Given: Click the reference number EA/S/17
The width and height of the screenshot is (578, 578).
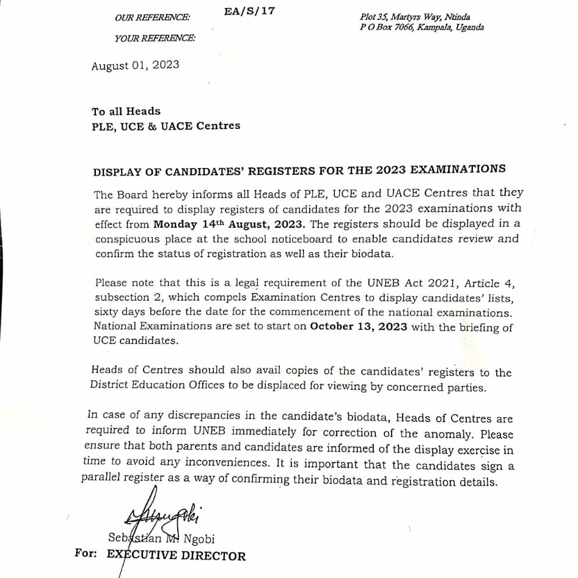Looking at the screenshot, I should tap(249, 12).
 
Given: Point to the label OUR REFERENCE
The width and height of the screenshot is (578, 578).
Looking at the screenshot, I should tap(152, 18).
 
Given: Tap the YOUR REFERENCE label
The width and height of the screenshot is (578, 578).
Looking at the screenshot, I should tap(155, 38).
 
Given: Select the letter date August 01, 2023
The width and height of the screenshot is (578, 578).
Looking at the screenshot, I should tap(135, 65).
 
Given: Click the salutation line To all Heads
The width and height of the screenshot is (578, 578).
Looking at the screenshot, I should tap(126, 111).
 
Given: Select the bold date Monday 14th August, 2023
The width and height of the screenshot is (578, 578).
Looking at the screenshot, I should tap(228, 224).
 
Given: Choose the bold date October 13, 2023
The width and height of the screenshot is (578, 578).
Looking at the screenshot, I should tap(359, 326).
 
